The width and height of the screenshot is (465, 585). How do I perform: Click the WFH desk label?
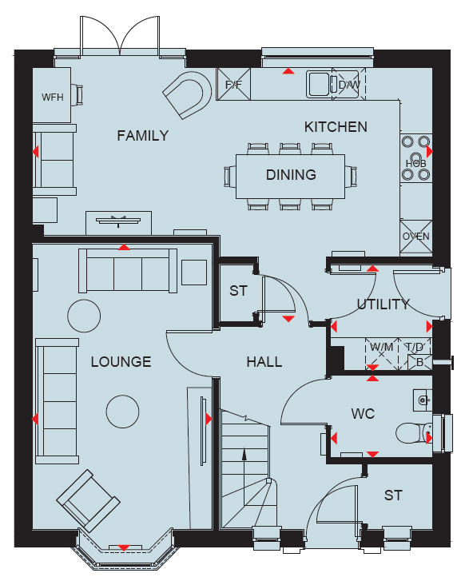pyautogui.click(x=52, y=97)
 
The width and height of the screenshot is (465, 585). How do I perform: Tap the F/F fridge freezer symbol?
pyautogui.click(x=234, y=84)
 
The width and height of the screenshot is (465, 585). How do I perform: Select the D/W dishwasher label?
pyautogui.click(x=349, y=85)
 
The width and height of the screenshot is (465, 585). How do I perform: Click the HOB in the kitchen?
pyautogui.click(x=415, y=157)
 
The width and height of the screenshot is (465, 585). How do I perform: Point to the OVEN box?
pyautogui.click(x=415, y=237)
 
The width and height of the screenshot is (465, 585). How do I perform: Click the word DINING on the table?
pyautogui.click(x=291, y=174)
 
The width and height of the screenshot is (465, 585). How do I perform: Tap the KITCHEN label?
pyautogui.click(x=336, y=127)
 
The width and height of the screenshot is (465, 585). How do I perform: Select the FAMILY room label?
pyautogui.click(x=143, y=135)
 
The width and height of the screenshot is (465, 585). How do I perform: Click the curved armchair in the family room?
pyautogui.click(x=188, y=95)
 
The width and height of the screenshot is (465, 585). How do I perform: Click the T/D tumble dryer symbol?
pyautogui.click(x=415, y=347)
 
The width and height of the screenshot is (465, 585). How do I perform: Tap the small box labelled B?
pyautogui.click(x=419, y=362)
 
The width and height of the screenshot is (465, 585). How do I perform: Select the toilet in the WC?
pyautogui.click(x=414, y=433)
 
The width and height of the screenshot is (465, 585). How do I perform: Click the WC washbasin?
pyautogui.click(x=423, y=400)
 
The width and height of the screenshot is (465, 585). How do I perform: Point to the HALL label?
pyautogui.click(x=264, y=361)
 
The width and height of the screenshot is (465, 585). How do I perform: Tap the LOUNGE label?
pyautogui.click(x=121, y=361)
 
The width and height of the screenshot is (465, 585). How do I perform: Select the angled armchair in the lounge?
pyautogui.click(x=89, y=500)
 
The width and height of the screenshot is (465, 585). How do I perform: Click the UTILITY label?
pyautogui.click(x=384, y=304)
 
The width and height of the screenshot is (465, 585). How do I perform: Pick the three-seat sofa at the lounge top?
pyautogui.click(x=128, y=270)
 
